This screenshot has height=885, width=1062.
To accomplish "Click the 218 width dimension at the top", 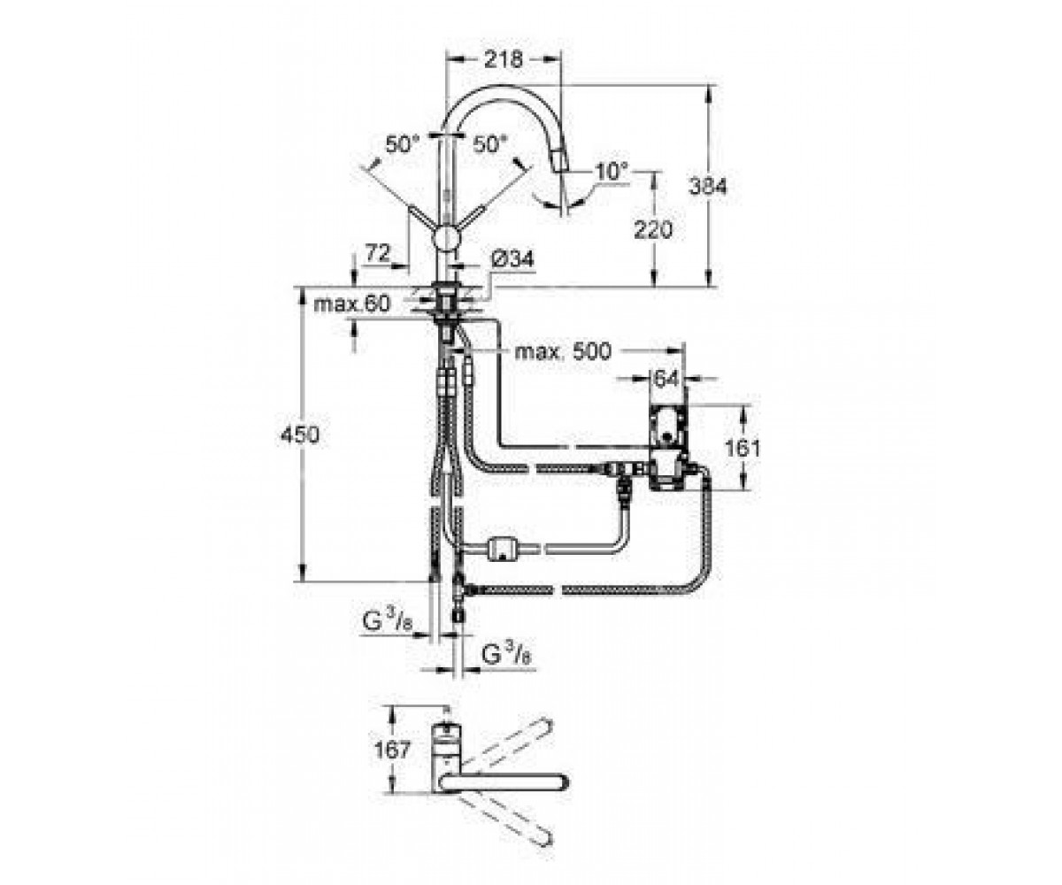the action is [x=503, y=60].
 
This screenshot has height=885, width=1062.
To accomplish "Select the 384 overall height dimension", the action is [x=708, y=187].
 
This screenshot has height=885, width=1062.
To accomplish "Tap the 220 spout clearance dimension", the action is [x=653, y=230].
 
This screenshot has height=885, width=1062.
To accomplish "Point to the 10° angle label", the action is [x=612, y=171].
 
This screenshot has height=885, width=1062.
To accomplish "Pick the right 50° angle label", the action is [x=489, y=144].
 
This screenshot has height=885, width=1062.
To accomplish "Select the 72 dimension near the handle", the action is [x=378, y=253].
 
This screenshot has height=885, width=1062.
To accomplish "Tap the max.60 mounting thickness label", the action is [x=352, y=304].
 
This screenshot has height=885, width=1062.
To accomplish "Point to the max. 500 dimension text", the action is [x=563, y=351].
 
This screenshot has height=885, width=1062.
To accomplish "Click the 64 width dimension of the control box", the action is [x=666, y=379].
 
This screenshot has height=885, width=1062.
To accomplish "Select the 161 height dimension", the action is [x=743, y=449].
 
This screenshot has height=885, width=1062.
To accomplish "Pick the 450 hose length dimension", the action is [x=300, y=435].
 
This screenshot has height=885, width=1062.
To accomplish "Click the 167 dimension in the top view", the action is [x=392, y=750].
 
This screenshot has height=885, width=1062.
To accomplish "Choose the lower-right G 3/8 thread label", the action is [x=506, y=656].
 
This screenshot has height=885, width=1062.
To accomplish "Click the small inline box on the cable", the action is [x=503, y=550].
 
